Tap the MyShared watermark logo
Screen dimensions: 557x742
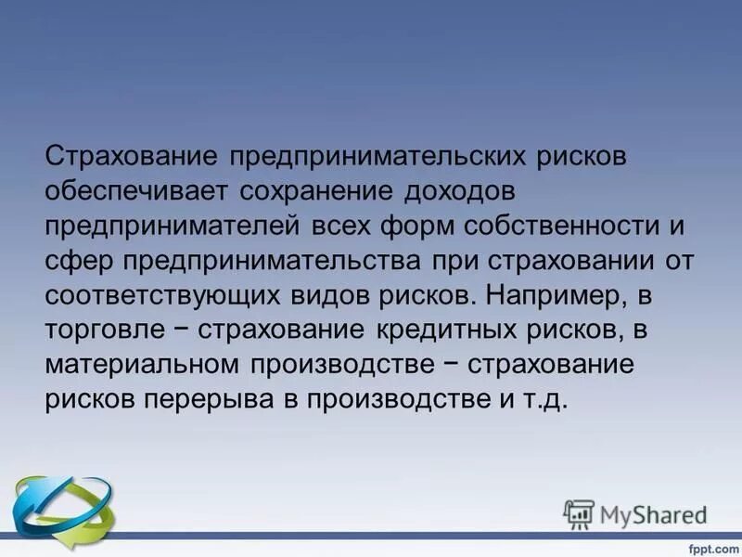click(x=635, y=513)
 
